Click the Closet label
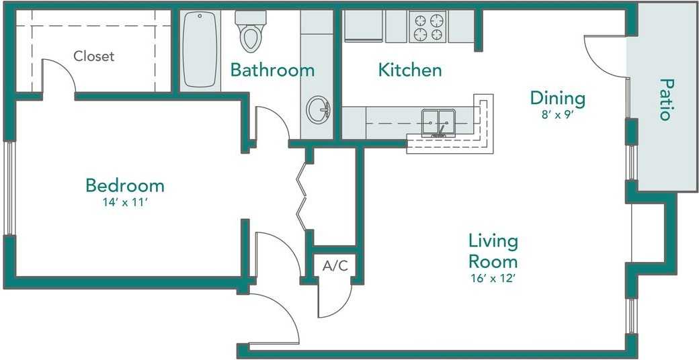(93, 56)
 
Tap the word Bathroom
(272, 70)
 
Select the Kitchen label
(410, 70)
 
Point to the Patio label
(665, 99)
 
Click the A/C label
(335, 266)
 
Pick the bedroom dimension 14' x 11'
(125, 202)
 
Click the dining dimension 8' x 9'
(557, 114)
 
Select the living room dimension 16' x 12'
(493, 279)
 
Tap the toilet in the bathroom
(251, 31)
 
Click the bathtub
(200, 49)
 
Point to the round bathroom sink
(318, 109)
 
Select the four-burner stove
(428, 27)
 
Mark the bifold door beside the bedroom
(302, 197)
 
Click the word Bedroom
(125, 185)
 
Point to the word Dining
(557, 99)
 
